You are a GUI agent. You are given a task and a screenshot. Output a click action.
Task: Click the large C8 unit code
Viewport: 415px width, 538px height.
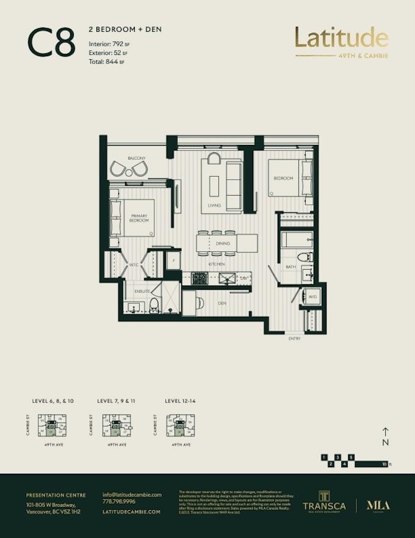pyautogui.click(x=51, y=42)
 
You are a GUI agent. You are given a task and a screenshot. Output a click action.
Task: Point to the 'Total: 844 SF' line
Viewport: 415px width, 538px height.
pyautogui.click(x=106, y=62)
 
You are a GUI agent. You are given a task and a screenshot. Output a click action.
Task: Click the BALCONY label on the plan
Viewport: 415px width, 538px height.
pyautogui.click(x=137, y=158)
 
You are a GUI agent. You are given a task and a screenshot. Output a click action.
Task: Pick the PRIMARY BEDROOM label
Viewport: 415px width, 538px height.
pyautogui.click(x=140, y=218)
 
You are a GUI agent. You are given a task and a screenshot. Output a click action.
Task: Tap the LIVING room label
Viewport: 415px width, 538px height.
pyautogui.click(x=214, y=205)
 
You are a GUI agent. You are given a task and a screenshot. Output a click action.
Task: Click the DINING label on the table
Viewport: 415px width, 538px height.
pyautogui.click(x=223, y=243)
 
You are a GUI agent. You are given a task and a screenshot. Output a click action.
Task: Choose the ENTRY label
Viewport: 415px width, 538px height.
pyautogui.click(x=295, y=338)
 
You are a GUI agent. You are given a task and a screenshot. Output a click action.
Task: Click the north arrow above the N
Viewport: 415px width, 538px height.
pyautogui.click(x=385, y=431)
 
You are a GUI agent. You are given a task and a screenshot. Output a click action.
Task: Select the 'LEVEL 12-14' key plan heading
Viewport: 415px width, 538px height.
pyautogui.click(x=180, y=401)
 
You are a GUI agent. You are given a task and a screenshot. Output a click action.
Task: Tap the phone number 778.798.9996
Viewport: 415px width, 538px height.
pyautogui.click(x=120, y=501)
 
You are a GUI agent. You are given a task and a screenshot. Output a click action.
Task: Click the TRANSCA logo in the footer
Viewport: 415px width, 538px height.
pyautogui.click(x=324, y=502)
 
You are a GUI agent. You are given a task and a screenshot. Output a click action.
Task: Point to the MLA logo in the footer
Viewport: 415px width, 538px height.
pyautogui.click(x=377, y=504)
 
